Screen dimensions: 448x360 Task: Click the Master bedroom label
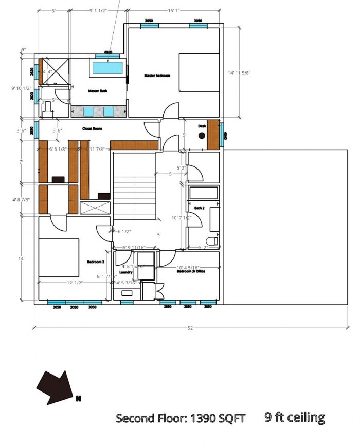coord(157,76)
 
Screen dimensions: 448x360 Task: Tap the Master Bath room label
coord(97,91)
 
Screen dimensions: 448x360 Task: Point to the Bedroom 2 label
coord(96,262)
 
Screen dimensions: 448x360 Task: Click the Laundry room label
coord(125,272)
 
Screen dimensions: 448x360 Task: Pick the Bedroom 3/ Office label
coord(191,271)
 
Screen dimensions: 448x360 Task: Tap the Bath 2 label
coord(199,208)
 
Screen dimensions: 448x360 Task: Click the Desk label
coord(202,126)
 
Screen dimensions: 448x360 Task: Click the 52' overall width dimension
coord(191,328)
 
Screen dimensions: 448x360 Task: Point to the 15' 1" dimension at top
coord(173,10)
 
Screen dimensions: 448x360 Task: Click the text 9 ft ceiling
coord(295,417)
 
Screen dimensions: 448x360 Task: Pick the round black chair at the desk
coord(202,135)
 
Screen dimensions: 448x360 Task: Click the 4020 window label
coord(108,52)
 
